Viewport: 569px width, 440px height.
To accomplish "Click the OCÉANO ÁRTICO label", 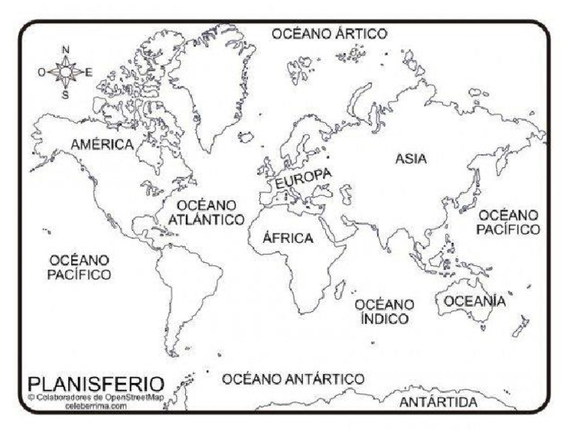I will click(329, 34).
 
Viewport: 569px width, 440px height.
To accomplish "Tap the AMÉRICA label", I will click(102, 144).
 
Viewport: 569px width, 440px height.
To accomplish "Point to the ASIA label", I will click(411, 158).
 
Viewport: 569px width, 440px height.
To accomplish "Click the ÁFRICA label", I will click(288, 239).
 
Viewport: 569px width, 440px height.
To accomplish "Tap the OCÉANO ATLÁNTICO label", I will click(206, 213).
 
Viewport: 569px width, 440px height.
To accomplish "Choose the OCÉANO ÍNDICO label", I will click(384, 312).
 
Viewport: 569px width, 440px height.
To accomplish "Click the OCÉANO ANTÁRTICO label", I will click(293, 379).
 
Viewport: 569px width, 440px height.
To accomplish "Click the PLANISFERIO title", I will click(96, 384).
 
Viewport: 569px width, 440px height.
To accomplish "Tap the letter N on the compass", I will click(66, 50).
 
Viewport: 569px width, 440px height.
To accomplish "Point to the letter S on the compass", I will click(65, 94).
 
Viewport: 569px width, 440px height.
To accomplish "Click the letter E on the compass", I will click(89, 72).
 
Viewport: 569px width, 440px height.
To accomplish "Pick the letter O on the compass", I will click(41, 72).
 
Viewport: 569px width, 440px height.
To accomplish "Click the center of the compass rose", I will click(66, 72).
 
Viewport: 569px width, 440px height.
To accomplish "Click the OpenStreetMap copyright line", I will click(96, 397).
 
